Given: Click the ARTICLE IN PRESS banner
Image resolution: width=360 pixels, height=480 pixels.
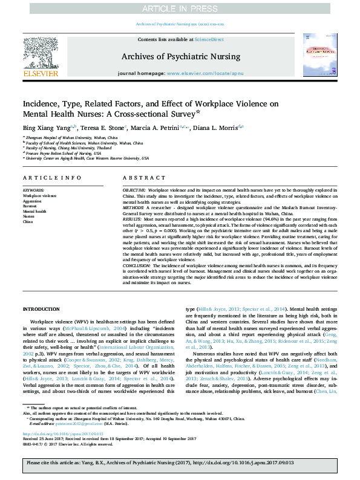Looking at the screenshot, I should coord(180,8).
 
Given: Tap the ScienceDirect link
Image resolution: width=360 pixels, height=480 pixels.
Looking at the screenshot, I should coord(209,39).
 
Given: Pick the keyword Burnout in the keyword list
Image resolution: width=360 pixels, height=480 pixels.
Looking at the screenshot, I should coord(30,206).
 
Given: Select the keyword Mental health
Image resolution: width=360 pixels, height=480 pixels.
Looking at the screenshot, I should coord(34,212).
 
